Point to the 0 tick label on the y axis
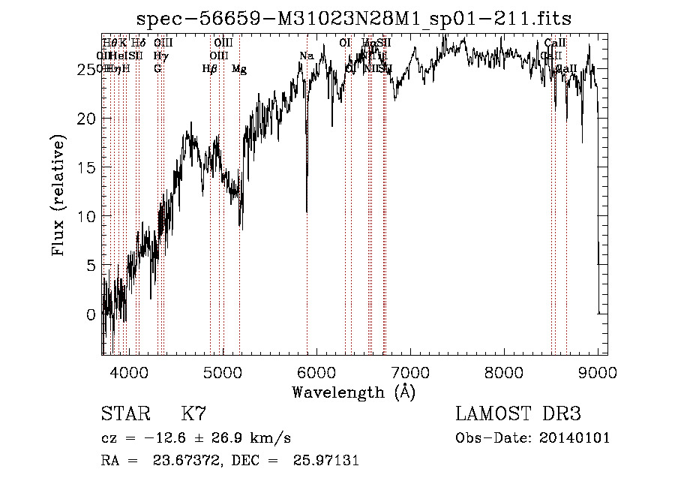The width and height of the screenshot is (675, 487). (x=91, y=314)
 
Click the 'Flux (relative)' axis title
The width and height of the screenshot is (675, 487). (x=58, y=194)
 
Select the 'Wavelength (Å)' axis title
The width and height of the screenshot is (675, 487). (x=353, y=392)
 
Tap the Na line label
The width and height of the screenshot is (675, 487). (x=306, y=56)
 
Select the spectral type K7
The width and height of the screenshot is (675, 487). (x=193, y=413)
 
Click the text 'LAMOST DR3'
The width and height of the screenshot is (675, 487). (x=518, y=413)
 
